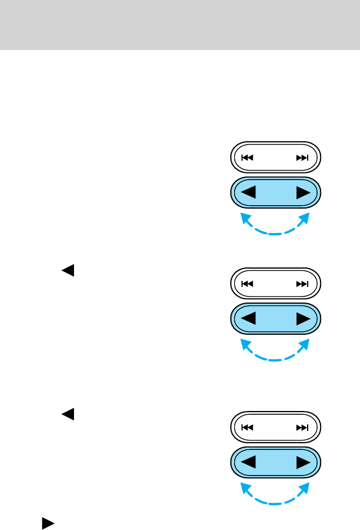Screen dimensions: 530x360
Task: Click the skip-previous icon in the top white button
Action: [248, 158]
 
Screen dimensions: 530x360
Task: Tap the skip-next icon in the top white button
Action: [302, 158]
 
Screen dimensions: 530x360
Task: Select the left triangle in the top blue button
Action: [248, 192]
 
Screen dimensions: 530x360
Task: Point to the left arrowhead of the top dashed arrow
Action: [243, 216]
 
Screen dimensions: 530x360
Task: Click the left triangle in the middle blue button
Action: [248, 319]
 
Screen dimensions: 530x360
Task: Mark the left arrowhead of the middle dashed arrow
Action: [243, 343]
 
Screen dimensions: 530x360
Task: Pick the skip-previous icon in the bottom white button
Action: [248, 428]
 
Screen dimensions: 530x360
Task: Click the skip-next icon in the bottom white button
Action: [302, 428]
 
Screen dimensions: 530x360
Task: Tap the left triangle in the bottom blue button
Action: [248, 462]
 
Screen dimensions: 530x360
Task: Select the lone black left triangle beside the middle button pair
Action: [67, 271]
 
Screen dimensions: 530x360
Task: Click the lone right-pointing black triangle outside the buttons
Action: [48, 523]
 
